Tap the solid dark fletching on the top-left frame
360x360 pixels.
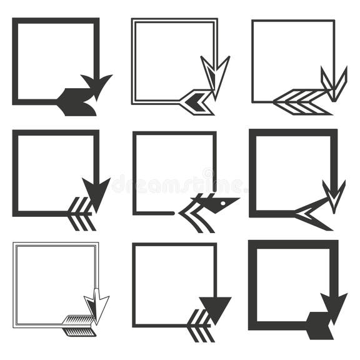tap(77, 102)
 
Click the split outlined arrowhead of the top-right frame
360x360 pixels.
tap(333, 82)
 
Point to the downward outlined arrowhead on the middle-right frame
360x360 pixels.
tap(334, 194)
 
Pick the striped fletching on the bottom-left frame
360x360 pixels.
tap(78, 324)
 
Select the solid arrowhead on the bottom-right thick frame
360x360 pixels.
tap(333, 305)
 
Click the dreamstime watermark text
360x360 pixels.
tap(179, 184)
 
